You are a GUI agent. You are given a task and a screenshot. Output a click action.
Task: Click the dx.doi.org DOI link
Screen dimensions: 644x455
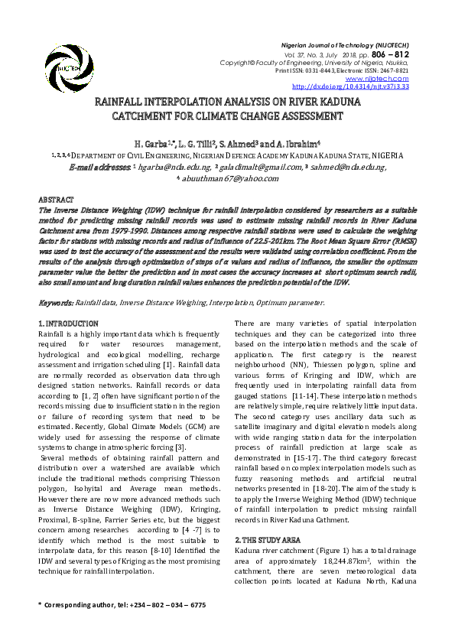click(x=351, y=86)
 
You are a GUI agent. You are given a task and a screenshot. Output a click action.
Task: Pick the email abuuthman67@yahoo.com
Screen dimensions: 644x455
click(x=229, y=178)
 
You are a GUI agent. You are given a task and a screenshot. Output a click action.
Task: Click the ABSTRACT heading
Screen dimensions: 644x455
click(x=56, y=197)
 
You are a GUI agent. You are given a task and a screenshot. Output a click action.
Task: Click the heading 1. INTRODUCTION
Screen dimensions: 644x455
click(x=68, y=324)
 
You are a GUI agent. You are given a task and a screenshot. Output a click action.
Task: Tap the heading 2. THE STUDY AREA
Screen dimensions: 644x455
click(x=268, y=538)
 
